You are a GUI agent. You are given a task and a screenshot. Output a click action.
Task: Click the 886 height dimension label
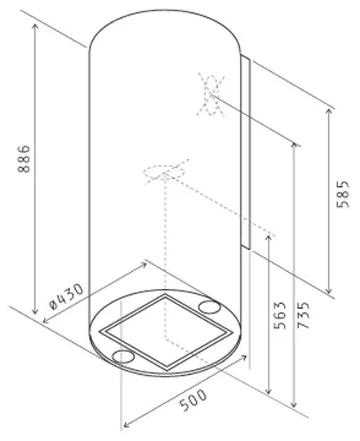(x=24, y=158)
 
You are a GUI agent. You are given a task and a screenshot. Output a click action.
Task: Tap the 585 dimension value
(x=343, y=194)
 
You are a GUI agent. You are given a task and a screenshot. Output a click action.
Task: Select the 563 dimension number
(x=280, y=315)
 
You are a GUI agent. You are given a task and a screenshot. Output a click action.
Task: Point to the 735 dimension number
(x=304, y=315)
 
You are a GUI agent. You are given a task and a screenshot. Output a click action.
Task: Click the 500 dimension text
(x=193, y=400)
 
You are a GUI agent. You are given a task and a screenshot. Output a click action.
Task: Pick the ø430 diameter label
(x=66, y=296)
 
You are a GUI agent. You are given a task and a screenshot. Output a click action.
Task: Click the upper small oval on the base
(x=209, y=306)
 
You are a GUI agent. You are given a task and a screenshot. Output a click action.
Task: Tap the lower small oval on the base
(x=123, y=357)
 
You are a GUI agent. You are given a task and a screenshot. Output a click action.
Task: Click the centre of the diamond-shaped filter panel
(x=166, y=331)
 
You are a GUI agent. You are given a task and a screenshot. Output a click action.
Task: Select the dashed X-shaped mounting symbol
(x=211, y=95)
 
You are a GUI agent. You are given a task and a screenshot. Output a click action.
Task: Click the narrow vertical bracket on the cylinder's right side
(x=245, y=152)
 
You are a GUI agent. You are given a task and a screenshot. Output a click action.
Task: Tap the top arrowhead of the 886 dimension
(x=35, y=27)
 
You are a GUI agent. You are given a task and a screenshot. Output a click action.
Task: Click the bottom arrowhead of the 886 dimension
(x=35, y=311)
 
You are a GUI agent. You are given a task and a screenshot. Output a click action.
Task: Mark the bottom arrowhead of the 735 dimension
(x=294, y=404)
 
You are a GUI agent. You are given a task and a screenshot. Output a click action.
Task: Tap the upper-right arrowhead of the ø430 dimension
(x=144, y=265)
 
